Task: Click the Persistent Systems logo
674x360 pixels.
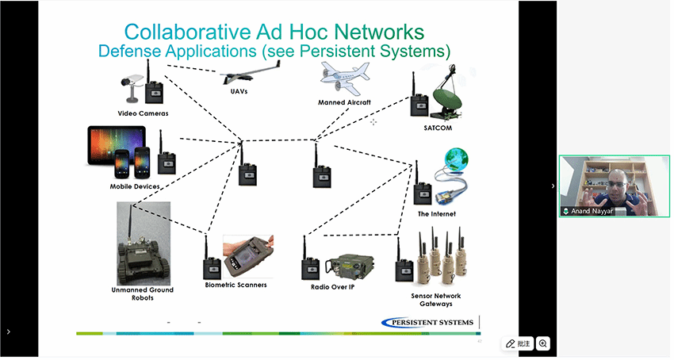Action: [427, 321]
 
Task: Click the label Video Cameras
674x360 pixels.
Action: [143, 113]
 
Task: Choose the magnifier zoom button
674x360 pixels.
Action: [543, 343]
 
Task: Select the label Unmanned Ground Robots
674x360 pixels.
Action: [143, 293]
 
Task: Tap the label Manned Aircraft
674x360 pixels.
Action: [344, 102]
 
